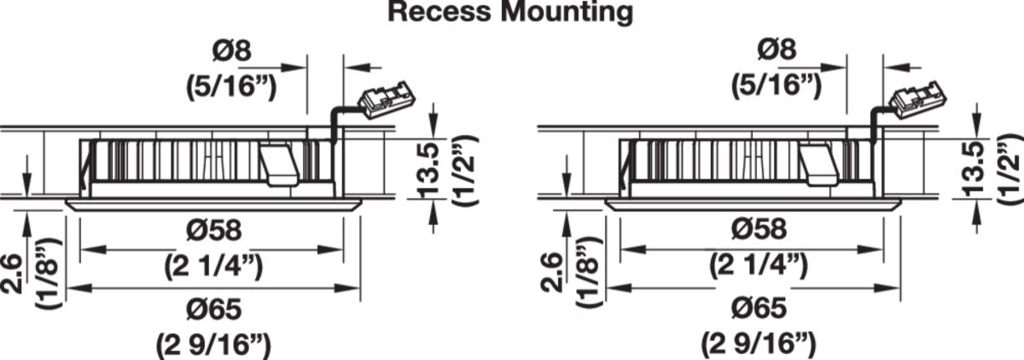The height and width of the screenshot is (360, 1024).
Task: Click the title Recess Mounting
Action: (511, 13)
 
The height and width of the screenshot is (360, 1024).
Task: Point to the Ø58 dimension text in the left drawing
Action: (213, 230)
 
